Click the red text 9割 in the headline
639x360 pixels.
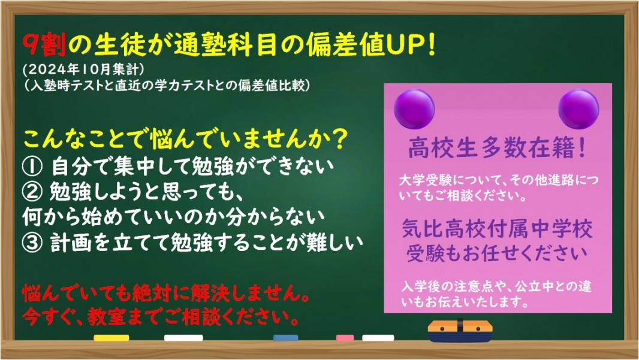pos(44,44)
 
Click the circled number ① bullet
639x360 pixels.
pos(32,167)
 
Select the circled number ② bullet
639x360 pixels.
pos(32,192)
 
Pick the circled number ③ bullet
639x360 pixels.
pos(32,243)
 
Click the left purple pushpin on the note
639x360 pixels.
pos(414,109)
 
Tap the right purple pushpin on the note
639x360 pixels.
pos(578,109)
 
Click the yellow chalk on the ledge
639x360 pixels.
pos(111,338)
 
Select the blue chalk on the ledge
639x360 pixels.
pos(286,338)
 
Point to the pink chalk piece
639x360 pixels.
pos(345,338)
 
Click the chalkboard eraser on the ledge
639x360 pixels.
pos(460,330)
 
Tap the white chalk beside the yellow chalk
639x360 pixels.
pos(183,338)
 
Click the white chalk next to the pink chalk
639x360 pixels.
pos(378,338)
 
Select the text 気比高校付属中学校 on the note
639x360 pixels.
pos(497,228)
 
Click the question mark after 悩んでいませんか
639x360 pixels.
pos(337,140)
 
